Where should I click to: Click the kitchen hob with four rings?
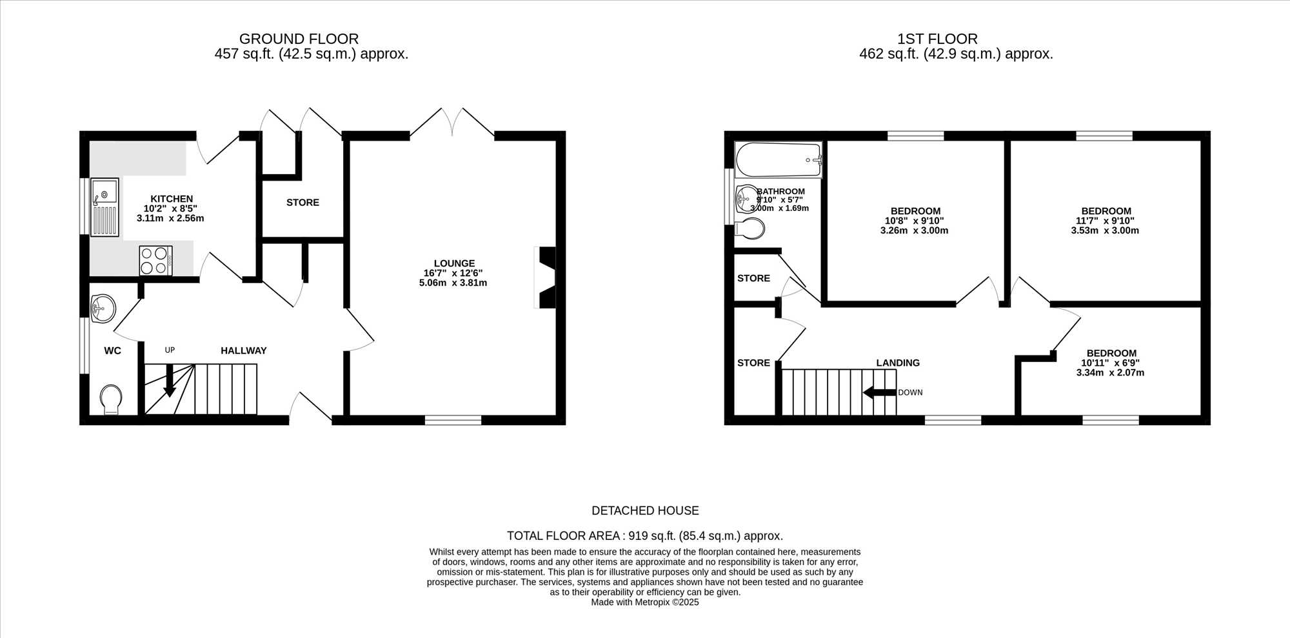[x=156, y=261]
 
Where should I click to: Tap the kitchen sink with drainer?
[x=104, y=207]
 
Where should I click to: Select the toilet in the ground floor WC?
[x=112, y=399]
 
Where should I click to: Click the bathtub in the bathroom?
[x=779, y=160]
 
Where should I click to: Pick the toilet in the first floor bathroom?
[x=749, y=228]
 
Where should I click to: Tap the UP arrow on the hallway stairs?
[x=170, y=380]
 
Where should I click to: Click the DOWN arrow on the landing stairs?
[x=880, y=392]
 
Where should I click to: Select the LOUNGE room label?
[x=454, y=263]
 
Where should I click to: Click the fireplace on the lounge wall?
[x=546, y=277]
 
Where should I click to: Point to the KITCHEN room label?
[x=172, y=199]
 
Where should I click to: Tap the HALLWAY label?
[x=244, y=350]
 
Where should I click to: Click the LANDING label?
[x=898, y=363]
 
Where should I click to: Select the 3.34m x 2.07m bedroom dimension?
[x=1110, y=372]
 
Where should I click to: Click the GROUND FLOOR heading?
[x=299, y=39]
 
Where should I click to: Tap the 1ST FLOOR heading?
[x=937, y=39]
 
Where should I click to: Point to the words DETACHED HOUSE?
[x=645, y=510]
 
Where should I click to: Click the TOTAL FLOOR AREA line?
[x=645, y=535]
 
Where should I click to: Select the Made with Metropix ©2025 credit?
[x=645, y=602]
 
